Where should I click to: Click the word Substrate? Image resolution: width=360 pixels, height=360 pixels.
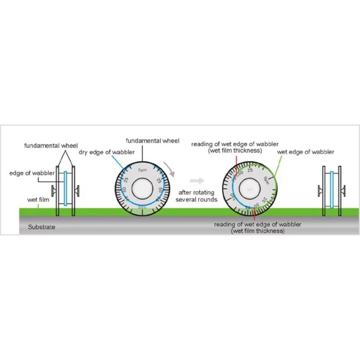(41, 227)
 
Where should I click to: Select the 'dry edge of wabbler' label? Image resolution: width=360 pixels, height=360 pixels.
(107, 152)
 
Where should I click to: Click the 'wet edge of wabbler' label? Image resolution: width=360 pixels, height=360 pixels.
(306, 152)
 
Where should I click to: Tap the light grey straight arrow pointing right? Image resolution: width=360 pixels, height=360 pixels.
(196, 180)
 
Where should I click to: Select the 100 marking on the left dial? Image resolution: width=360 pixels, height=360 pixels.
(142, 207)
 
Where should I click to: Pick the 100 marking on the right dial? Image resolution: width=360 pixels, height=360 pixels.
(233, 197)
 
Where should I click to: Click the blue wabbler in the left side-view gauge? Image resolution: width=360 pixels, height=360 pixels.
(66, 188)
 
